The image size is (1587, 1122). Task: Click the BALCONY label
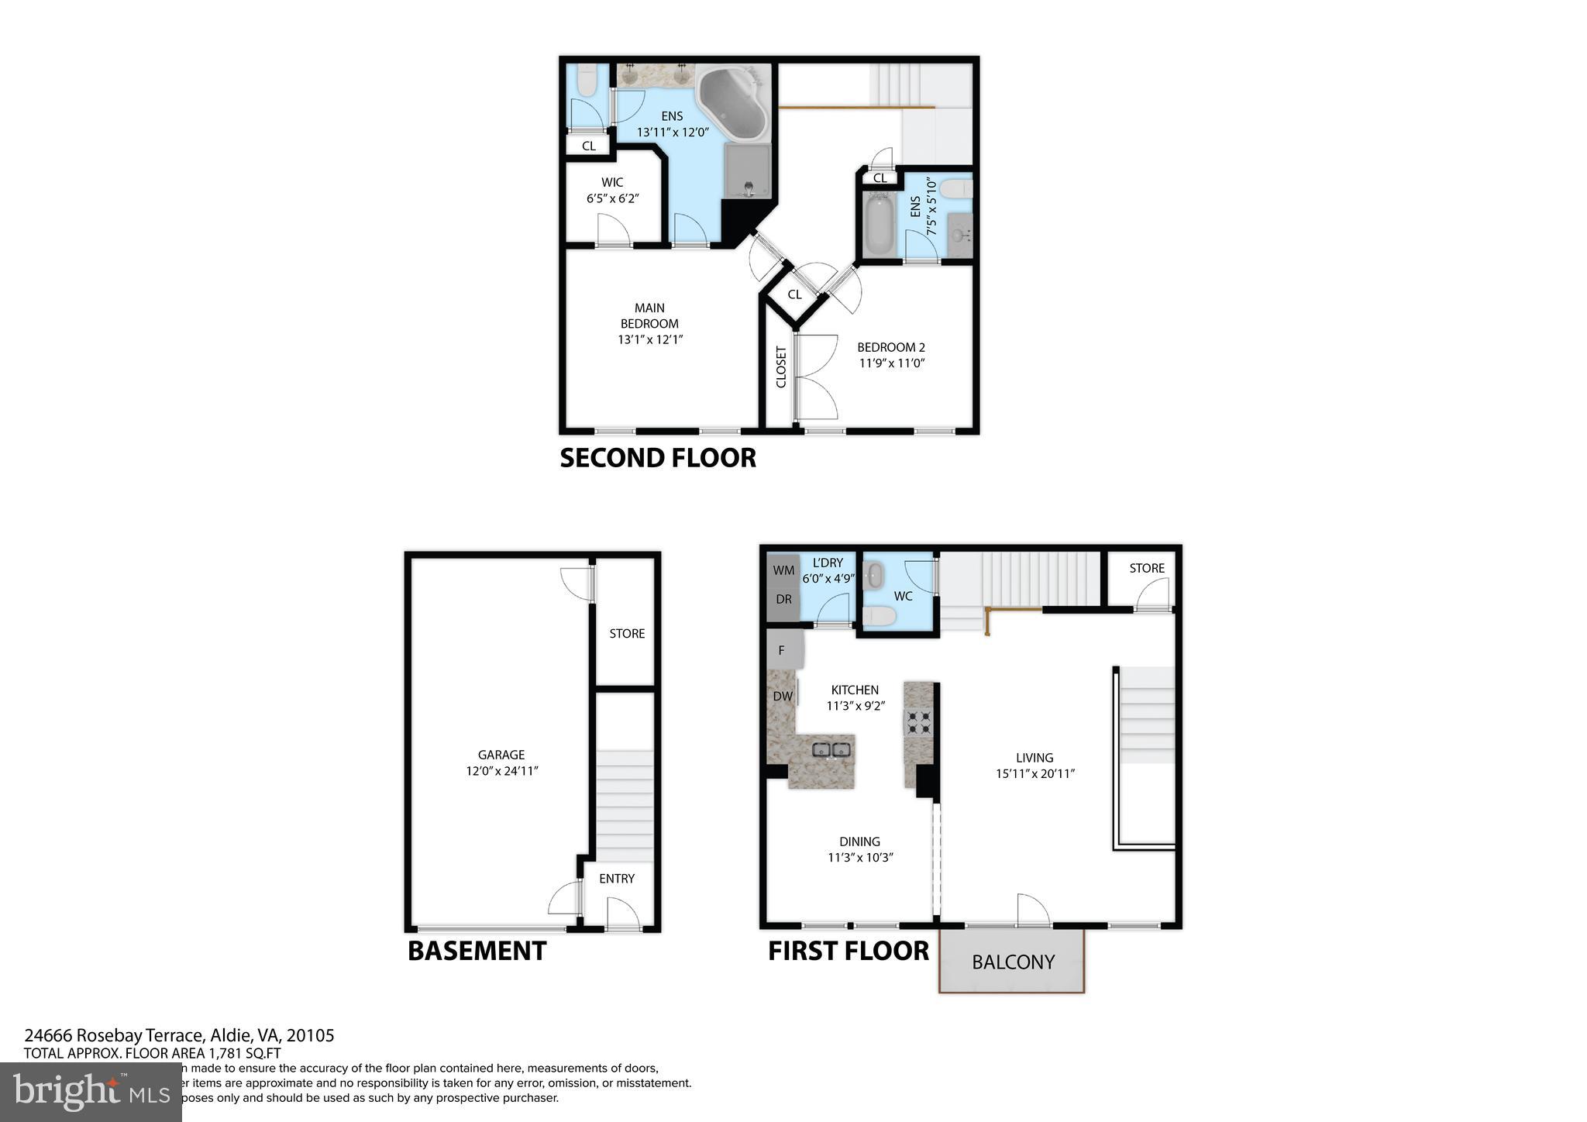pyautogui.click(x=1013, y=962)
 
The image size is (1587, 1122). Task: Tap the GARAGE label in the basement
pyautogui.click(x=501, y=754)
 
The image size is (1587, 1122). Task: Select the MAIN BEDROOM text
pyautogui.click(x=649, y=315)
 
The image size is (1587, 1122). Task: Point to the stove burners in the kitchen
pyautogui.click(x=920, y=722)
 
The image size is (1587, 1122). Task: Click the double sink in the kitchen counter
pyautogui.click(x=831, y=749)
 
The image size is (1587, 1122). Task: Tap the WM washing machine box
pyautogui.click(x=783, y=570)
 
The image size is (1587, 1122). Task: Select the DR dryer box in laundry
pyautogui.click(x=783, y=600)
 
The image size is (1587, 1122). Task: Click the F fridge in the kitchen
pyautogui.click(x=782, y=651)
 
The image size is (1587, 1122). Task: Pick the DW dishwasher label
pyautogui.click(x=783, y=696)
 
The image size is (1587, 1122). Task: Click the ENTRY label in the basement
pyautogui.click(x=616, y=878)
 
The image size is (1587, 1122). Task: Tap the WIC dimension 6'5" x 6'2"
pyautogui.click(x=612, y=198)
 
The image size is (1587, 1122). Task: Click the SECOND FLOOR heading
pyautogui.click(x=657, y=458)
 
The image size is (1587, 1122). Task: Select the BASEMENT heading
pyautogui.click(x=477, y=951)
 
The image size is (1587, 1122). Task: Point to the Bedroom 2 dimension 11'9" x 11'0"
pyautogui.click(x=891, y=363)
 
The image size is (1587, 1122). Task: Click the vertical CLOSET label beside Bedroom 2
pyautogui.click(x=781, y=367)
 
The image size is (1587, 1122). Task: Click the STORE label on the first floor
pyautogui.click(x=1146, y=568)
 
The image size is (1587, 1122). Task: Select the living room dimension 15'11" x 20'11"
pyautogui.click(x=1034, y=773)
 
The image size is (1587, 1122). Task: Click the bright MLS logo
pyautogui.click(x=91, y=1092)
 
